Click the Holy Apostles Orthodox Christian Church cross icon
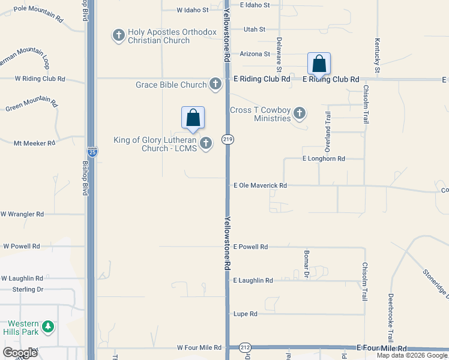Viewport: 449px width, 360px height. click(118, 35)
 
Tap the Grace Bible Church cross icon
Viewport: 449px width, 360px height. click(215, 84)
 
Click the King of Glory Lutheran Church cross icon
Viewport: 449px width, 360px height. click(206, 143)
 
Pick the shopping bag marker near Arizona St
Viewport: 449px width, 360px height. click(319, 64)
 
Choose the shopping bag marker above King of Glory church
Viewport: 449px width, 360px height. click(193, 118)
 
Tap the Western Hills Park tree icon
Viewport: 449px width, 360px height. click(47, 327)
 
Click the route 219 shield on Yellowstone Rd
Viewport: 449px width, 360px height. click(228, 139)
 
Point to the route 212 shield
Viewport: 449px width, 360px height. click(246, 348)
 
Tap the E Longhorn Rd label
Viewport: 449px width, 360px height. click(324, 159)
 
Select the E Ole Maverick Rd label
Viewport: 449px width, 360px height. click(260, 186)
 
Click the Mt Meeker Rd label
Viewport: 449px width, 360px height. click(35, 143)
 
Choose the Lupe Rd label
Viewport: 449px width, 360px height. click(245, 314)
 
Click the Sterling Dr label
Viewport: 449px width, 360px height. click(28, 289)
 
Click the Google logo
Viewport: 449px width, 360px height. click(20, 353)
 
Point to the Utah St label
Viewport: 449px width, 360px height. click(255, 29)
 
